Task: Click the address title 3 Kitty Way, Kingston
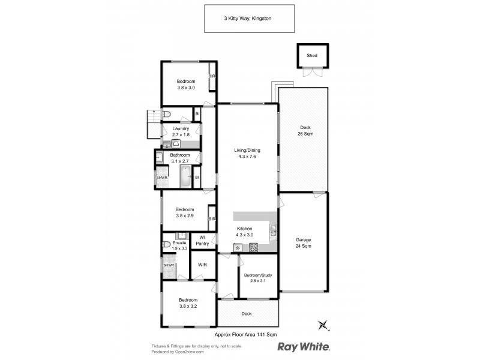coord(249,19)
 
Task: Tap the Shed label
coord(311,55)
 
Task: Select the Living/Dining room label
coord(247,154)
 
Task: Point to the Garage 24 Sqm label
coord(303,243)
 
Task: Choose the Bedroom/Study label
coord(257,279)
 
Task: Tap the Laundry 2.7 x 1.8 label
coord(181,131)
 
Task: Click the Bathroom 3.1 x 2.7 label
coord(179,158)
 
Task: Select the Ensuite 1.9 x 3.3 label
coord(180,245)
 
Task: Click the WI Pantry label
coord(202,240)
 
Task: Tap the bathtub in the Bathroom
coord(185,178)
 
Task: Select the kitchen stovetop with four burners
coord(253,247)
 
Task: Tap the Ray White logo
coord(303,347)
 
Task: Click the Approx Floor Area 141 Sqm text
coord(245,335)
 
